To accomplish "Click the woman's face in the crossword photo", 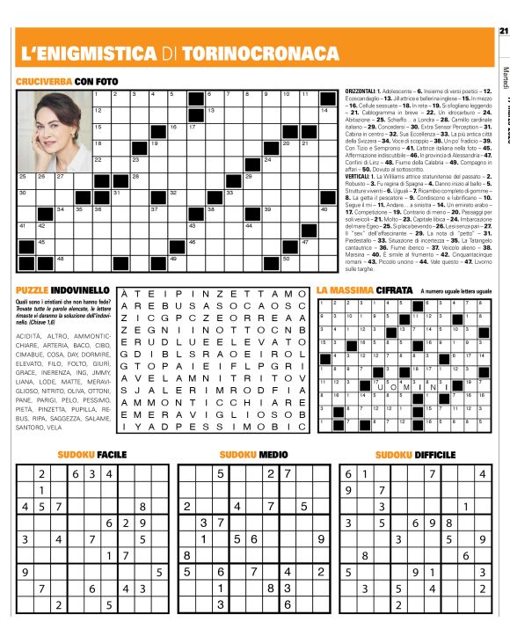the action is [x=52, y=121].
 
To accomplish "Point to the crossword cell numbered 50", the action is [x=289, y=261].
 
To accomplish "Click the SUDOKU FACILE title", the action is [x=92, y=455].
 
